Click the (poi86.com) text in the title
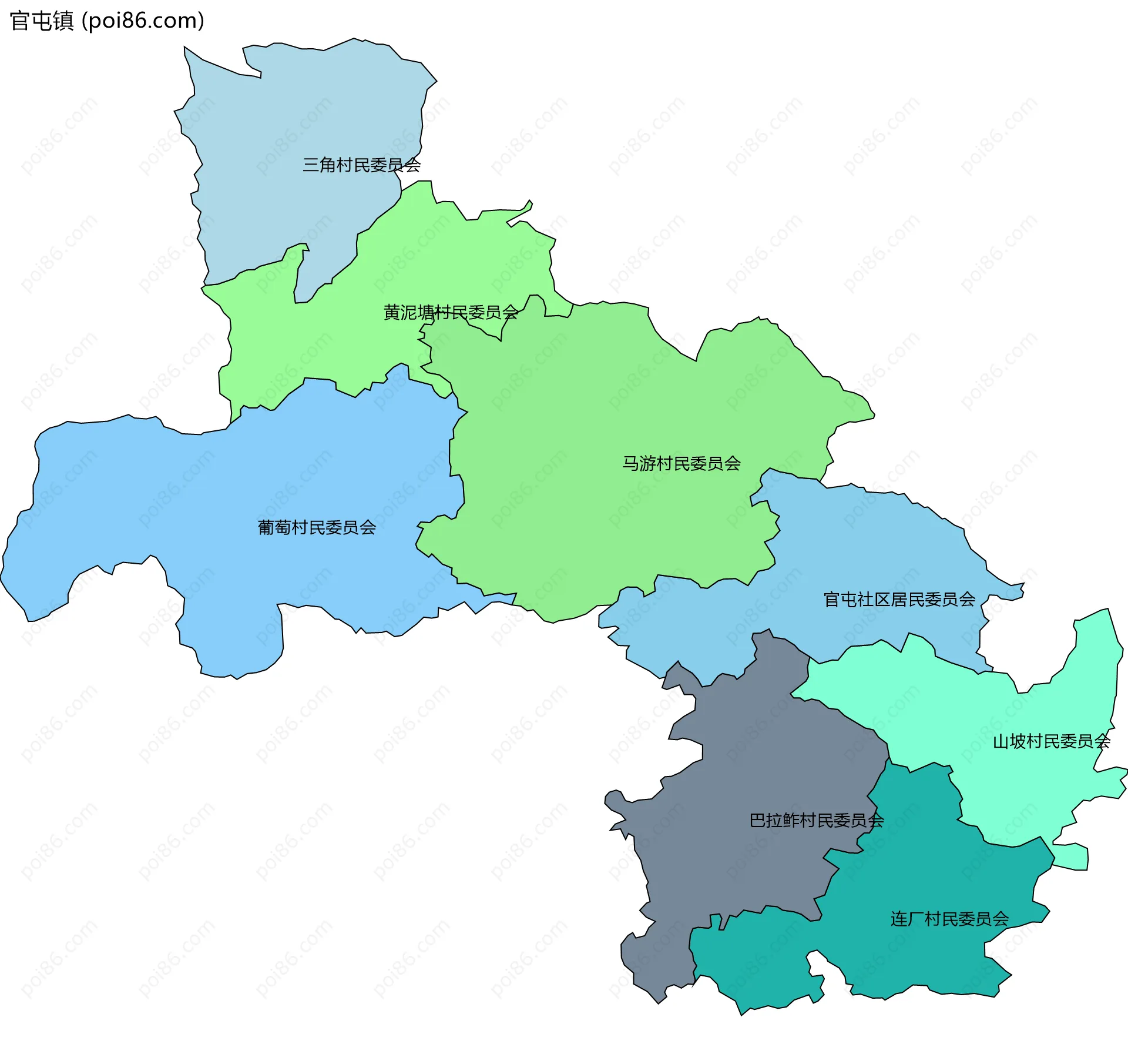pyautogui.click(x=143, y=21)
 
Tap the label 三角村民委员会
pyautogui.click(x=361, y=165)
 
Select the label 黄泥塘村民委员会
pyautogui.click(x=451, y=312)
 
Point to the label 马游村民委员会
pyautogui.click(x=681, y=464)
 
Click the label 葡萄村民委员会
pyautogui.click(x=317, y=527)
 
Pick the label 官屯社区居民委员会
pyautogui.click(x=899, y=600)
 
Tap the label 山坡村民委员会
pyautogui.click(x=1051, y=741)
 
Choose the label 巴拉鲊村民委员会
pyautogui.click(x=816, y=820)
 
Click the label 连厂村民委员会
pyautogui.click(x=949, y=919)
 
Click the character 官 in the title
pyautogui.click(x=20, y=21)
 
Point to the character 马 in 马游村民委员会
pyautogui.click(x=630, y=464)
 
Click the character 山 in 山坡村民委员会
pyautogui.click(x=1001, y=741)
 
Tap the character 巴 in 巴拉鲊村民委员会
pyautogui.click(x=757, y=820)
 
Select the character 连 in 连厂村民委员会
pyautogui.click(x=899, y=919)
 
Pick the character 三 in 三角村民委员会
pyautogui.click(x=311, y=165)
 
